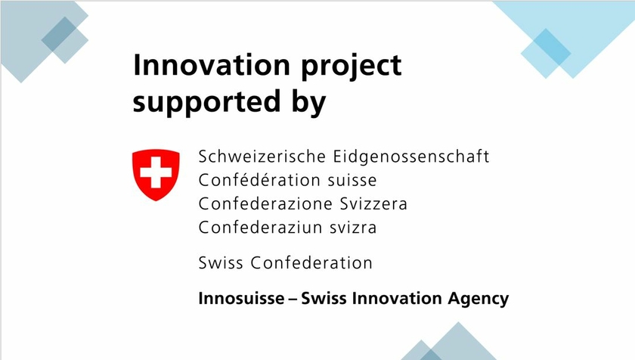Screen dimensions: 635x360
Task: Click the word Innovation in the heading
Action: pos(212,65)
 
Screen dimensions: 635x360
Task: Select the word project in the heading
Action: pos(351,67)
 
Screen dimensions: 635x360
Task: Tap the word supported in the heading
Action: pos(206,103)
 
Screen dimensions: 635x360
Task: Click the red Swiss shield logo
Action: pos(156,175)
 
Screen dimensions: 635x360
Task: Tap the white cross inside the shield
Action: pos(156,173)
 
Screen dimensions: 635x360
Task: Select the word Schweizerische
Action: pos(262,157)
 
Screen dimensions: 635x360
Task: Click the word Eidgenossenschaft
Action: pos(411,157)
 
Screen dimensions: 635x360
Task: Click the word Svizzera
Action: pos(373,203)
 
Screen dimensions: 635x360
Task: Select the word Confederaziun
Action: pos(259,227)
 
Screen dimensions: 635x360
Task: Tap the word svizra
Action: pos(352,227)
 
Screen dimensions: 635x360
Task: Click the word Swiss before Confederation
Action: pos(221,262)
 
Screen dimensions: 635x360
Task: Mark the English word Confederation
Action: pos(311,262)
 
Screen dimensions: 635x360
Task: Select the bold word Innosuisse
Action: pos(241,299)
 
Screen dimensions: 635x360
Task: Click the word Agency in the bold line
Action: pos(479,299)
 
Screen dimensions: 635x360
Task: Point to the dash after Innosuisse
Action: pos(293,299)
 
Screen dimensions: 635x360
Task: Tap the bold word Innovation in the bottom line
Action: pos(396,299)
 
